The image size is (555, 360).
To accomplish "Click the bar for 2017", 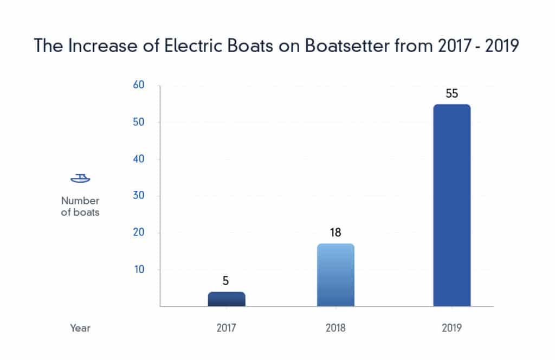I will tap(227, 299).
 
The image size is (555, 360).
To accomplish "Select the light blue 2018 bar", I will tap(335, 275).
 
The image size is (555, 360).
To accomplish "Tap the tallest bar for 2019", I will tap(451, 205).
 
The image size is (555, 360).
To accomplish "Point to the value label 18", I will tap(335, 233).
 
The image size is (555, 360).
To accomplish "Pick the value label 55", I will tap(451, 93).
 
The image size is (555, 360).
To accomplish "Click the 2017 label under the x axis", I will tap(227, 328).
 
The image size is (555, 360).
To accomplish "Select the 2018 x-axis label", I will tap(335, 328).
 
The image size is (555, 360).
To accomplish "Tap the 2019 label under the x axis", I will tap(451, 328).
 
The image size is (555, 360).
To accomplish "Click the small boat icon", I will tap(80, 178).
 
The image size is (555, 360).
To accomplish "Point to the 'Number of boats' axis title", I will tap(80, 207).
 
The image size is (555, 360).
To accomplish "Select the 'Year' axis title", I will tap(80, 328).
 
